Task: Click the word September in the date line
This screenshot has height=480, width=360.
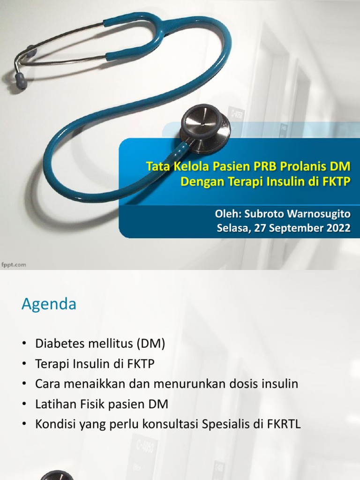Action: coord(298,229)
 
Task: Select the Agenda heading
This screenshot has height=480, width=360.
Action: coord(49,305)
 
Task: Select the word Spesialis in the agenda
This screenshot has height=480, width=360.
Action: coord(226,424)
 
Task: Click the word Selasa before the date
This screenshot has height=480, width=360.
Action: coord(232,229)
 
